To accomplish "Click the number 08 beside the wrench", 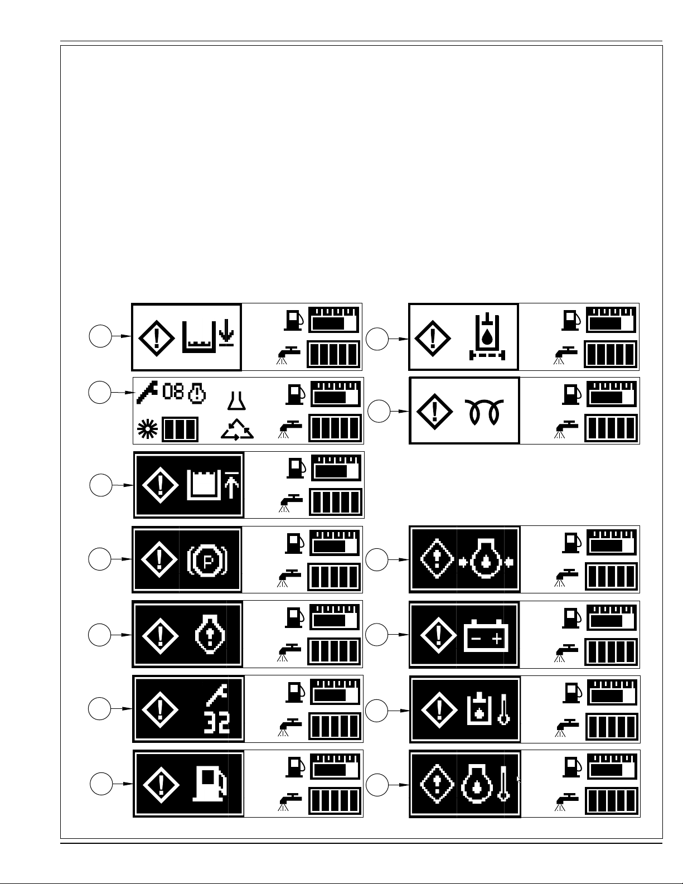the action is pyautogui.click(x=173, y=392).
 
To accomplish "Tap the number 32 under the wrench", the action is pyautogui.click(x=217, y=722).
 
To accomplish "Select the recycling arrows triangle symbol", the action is pyautogui.click(x=238, y=429).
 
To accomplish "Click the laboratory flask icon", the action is pyautogui.click(x=236, y=400).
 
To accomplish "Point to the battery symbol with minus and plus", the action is pyautogui.click(x=486, y=636).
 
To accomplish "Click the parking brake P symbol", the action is pyautogui.click(x=207, y=561).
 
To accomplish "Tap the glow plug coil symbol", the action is pyautogui.click(x=484, y=412).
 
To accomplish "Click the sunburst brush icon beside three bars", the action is pyautogui.click(x=147, y=429).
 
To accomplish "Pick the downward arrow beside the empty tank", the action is pyautogui.click(x=226, y=333).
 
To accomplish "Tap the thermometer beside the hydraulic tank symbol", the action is pyautogui.click(x=503, y=709).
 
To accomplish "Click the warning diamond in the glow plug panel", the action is pyautogui.click(x=434, y=411).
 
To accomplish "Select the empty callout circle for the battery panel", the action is pyautogui.click(x=376, y=635).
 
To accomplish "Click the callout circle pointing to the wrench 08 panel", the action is pyautogui.click(x=100, y=392).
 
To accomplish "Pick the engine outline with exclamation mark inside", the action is pyautogui.click(x=210, y=635).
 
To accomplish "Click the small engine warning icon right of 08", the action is pyautogui.click(x=197, y=393).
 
